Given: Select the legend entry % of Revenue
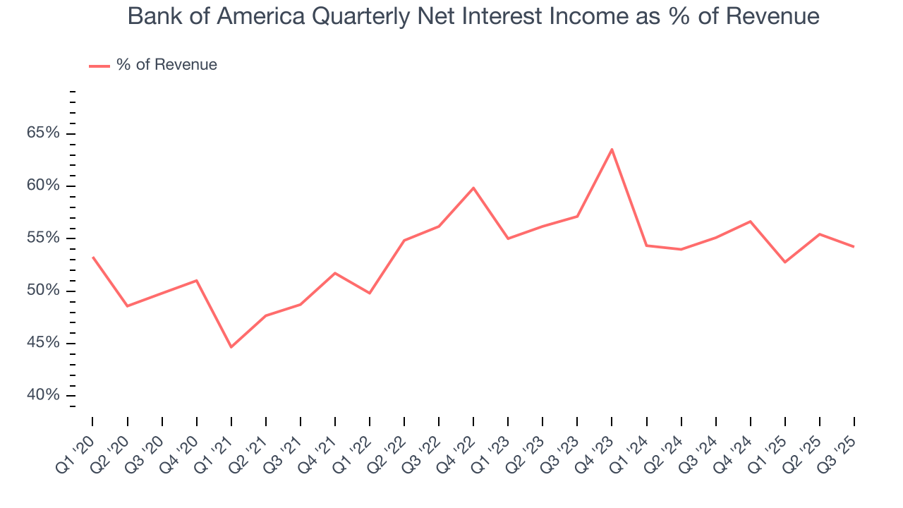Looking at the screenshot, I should tap(166, 65).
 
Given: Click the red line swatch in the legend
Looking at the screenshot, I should tap(99, 66).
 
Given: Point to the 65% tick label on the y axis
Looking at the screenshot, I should tap(44, 133).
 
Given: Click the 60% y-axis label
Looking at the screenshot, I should tap(44, 186).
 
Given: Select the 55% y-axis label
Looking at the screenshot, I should tap(44, 238).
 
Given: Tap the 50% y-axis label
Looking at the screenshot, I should tap(44, 291).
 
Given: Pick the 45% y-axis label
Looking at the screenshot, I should tap(44, 343).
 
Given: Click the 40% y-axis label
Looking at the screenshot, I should tap(44, 395).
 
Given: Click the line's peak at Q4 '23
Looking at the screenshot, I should tap(612, 149).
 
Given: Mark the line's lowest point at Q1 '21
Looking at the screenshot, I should tap(231, 347).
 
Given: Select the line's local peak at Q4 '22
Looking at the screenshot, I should tap(473, 188).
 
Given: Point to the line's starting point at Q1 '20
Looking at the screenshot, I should tap(92, 257).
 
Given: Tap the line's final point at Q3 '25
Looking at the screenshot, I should tap(854, 247).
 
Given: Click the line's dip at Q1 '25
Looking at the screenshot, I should tap(785, 262).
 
